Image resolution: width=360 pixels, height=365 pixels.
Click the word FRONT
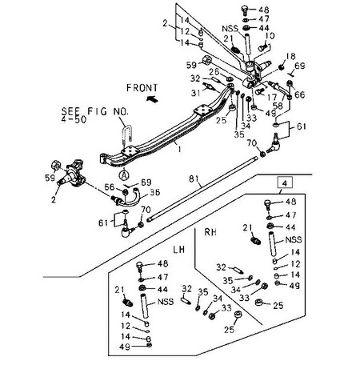pos(142,88)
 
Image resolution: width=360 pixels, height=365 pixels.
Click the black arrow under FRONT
pos(152,98)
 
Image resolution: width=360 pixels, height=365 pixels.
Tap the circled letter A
pos(124,175)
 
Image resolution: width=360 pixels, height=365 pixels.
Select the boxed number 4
pos(285,183)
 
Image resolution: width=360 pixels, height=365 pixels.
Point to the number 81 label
pos(194,178)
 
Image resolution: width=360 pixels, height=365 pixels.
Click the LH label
pos(178,250)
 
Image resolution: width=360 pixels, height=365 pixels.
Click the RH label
pos(210,232)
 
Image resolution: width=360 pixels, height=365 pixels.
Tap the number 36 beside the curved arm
pos(154,192)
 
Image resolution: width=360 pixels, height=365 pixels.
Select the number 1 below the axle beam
pos(179,149)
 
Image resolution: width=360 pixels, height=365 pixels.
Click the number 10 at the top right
pos(270,36)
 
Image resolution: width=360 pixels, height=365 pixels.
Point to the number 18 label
pos(290,56)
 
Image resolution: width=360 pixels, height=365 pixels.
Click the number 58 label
pos(278,106)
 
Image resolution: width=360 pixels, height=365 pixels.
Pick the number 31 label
pos(196,93)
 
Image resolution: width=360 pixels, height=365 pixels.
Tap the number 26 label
pos(214,72)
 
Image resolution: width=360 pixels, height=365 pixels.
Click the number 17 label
pos(273,97)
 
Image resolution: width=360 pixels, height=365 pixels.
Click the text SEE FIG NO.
pos(95,111)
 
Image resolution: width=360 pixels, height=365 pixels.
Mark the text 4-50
pos(74,119)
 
